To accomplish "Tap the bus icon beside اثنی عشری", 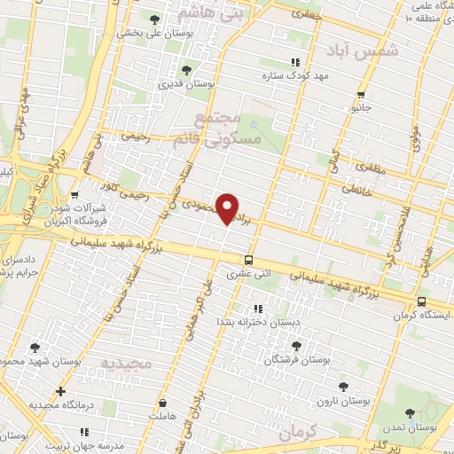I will click(248, 261).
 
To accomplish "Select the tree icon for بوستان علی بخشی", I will click(156, 20).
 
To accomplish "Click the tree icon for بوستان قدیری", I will click(185, 71).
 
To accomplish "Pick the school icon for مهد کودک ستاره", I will click(295, 62).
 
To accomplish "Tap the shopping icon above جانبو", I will click(360, 95).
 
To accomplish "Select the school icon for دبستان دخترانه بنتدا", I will click(258, 309).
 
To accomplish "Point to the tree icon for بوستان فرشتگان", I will click(296, 347).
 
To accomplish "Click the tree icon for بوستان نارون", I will click(343, 387).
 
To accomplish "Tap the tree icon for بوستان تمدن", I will click(409, 413).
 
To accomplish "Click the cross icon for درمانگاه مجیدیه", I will click(60, 391).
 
